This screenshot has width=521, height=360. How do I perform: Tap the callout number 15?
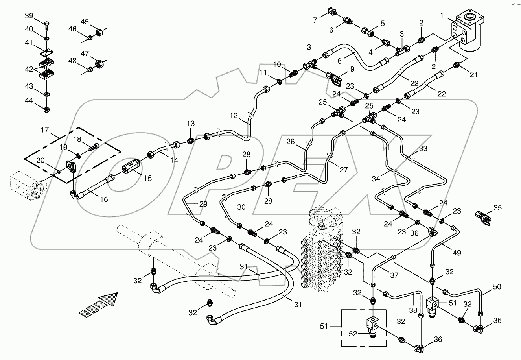147,179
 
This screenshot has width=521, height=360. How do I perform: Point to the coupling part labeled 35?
484,216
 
